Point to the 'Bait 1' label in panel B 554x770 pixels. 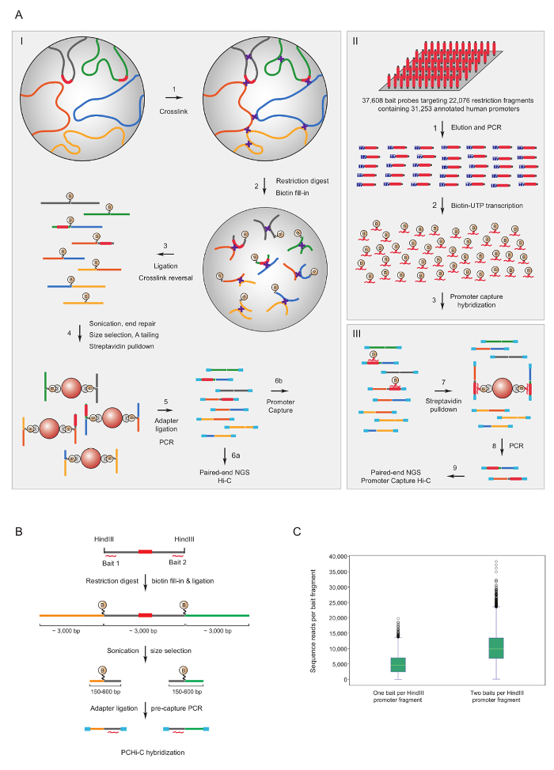pos(115,570)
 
